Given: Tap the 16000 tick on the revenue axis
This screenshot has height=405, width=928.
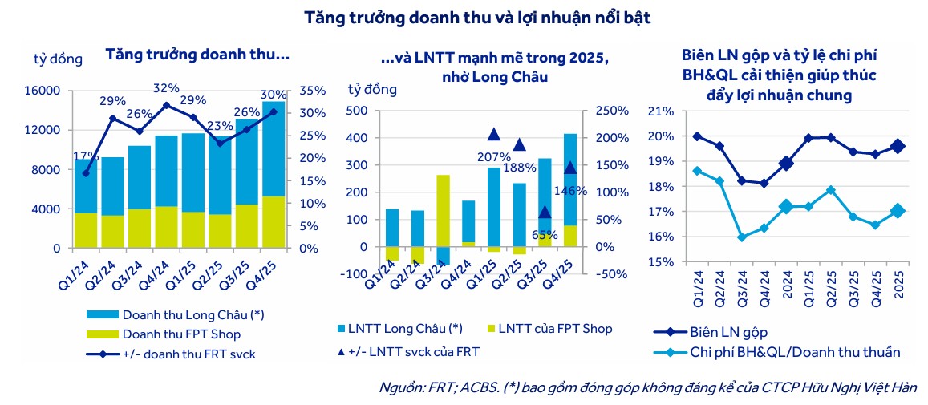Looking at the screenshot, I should tap(45, 91).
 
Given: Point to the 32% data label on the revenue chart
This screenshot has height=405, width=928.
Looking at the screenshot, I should tap(166, 88).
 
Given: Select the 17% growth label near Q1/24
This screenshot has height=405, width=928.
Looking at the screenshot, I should tap(86, 156).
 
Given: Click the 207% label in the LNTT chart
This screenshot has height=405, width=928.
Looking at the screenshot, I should tap(494, 156).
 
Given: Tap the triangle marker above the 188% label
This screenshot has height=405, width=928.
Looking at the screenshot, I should tap(519, 145).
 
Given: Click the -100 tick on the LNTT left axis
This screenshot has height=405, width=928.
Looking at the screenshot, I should tap(358, 274).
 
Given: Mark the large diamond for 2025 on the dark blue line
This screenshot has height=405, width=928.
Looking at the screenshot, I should tap(898, 146).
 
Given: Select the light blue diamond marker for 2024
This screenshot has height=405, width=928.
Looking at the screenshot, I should tap(786, 207).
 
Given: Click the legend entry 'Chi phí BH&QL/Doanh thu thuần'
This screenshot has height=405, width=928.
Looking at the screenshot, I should tap(794, 351).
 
